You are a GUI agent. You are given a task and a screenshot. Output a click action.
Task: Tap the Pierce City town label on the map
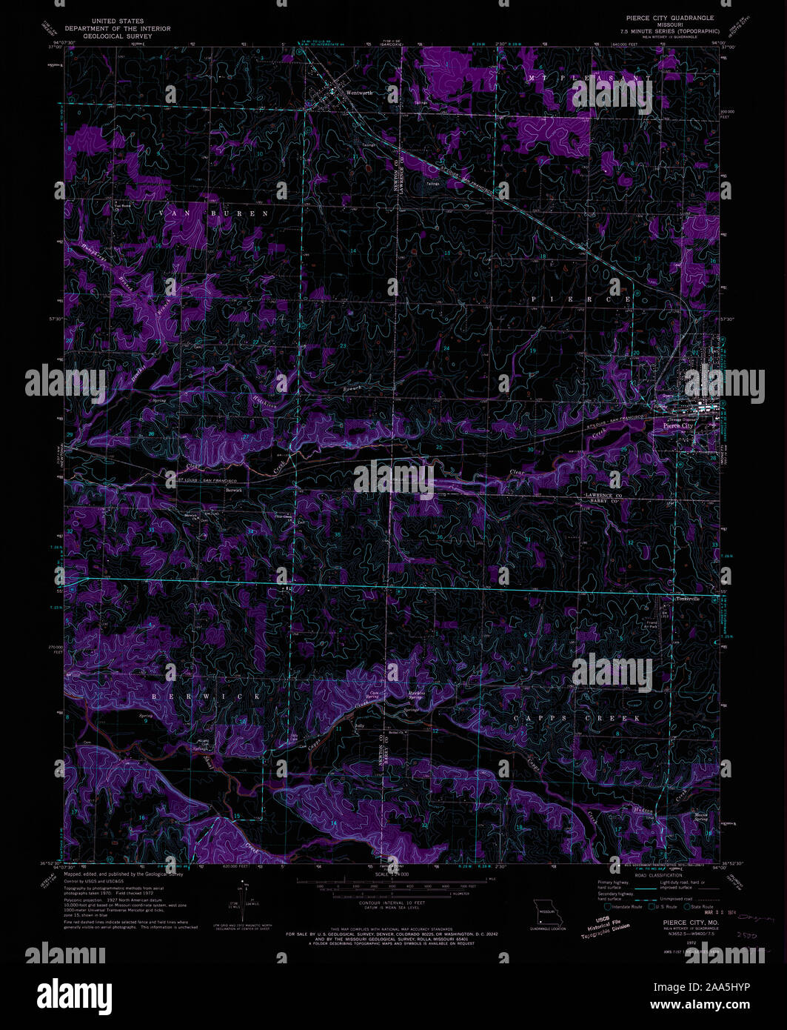(x=677, y=426)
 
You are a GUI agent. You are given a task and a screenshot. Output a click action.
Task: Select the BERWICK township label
(x=207, y=697)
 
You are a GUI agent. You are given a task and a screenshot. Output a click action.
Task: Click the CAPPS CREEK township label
(x=579, y=719)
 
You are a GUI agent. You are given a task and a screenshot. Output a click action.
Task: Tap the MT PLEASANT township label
(x=590, y=78)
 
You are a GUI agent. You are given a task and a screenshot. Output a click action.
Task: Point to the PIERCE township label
(x=581, y=299)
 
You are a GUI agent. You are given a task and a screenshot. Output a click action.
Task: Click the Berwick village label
(x=234, y=491)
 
